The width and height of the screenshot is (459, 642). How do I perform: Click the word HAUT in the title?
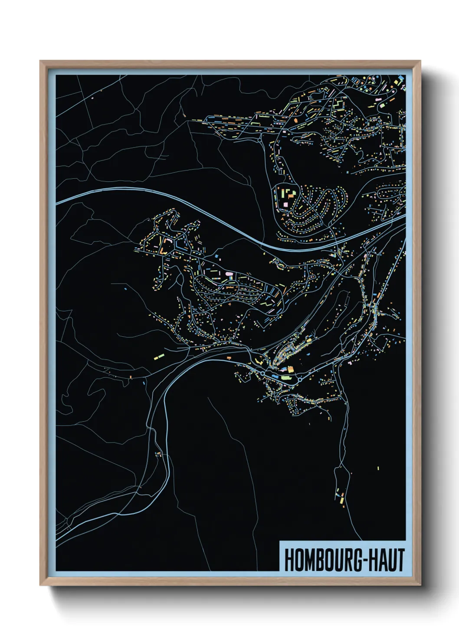(x=388, y=560)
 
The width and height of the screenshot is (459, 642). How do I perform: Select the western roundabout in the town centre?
(x=262, y=373)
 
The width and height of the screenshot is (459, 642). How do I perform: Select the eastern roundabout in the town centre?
(x=299, y=380)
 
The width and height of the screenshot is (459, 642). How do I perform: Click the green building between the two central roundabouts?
(x=285, y=378)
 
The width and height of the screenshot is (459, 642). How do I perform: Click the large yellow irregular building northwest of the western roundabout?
(x=259, y=360)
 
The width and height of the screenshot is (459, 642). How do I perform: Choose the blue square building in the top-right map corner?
(x=400, y=78)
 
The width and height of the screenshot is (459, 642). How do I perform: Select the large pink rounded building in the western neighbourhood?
(x=229, y=274)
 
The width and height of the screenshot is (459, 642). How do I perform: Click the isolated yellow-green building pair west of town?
(x=158, y=357)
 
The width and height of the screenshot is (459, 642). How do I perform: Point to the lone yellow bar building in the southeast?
(x=378, y=468)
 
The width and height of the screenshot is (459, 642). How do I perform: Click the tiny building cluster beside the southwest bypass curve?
(x=159, y=454)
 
